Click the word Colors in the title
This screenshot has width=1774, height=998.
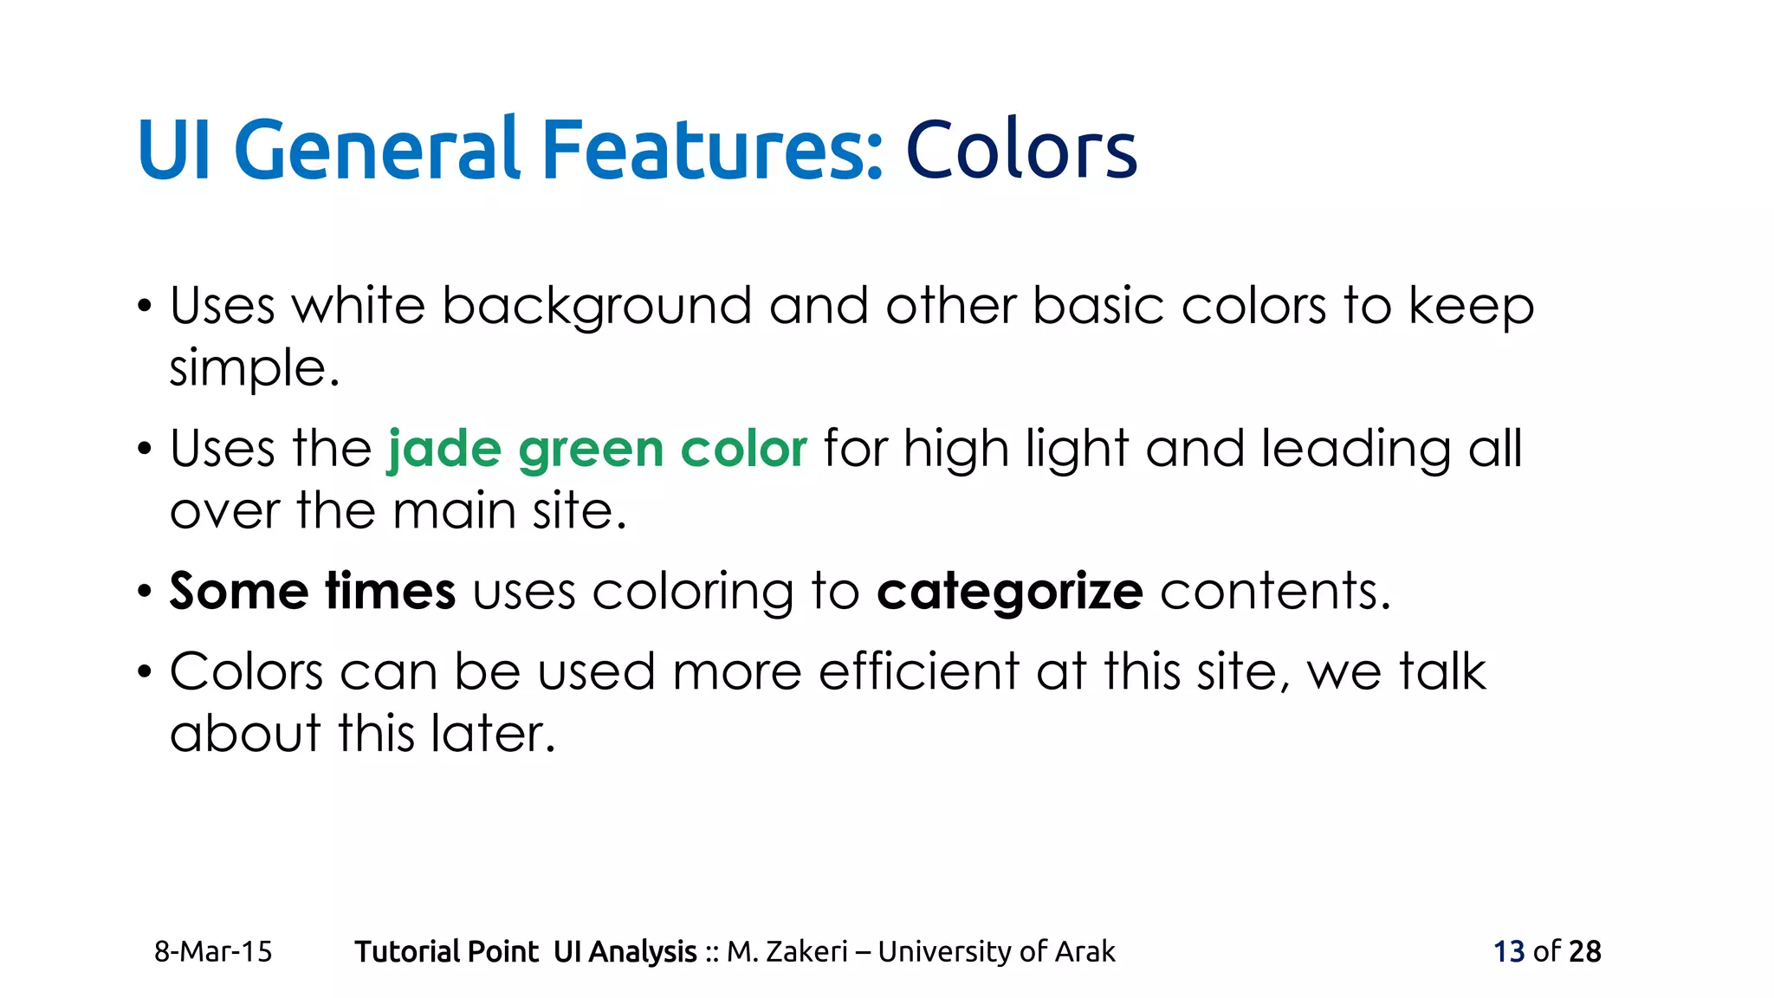1020,151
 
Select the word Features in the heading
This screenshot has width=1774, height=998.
712,151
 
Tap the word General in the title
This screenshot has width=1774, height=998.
377,151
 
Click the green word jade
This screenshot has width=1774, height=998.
444,450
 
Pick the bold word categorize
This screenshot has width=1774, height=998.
1010,593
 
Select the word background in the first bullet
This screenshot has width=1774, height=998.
597,308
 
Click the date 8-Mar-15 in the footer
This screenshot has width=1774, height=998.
213,952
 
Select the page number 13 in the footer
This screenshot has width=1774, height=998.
1509,952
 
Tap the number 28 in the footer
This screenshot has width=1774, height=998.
1584,952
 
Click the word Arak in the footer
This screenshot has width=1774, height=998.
1084,952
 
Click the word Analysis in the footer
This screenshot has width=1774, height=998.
643,952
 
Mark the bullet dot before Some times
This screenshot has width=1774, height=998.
145,593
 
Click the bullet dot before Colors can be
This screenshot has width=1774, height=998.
145,672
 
